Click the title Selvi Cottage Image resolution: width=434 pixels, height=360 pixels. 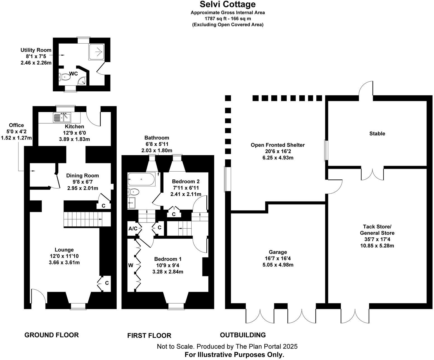227,4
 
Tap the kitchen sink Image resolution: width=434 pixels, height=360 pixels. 62,117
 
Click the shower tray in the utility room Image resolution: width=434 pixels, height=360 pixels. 96,52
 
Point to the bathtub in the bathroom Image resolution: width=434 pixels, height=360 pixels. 141,179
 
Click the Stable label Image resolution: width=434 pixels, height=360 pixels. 377,134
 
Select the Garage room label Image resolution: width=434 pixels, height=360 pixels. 278,252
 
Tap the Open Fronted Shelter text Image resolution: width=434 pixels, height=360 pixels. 277,145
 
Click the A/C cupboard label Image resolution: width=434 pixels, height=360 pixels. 133,229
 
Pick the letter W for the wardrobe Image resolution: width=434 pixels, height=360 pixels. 131,265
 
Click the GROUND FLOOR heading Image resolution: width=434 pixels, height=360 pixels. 52,335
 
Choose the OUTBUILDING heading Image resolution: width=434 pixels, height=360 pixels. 243,335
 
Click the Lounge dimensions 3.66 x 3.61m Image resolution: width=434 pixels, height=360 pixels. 64,262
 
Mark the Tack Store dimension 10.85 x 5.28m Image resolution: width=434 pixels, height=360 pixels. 377,246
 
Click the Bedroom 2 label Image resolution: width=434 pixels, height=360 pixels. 186,181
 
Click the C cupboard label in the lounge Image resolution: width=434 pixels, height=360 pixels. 107,283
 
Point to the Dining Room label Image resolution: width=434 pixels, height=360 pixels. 82,176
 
